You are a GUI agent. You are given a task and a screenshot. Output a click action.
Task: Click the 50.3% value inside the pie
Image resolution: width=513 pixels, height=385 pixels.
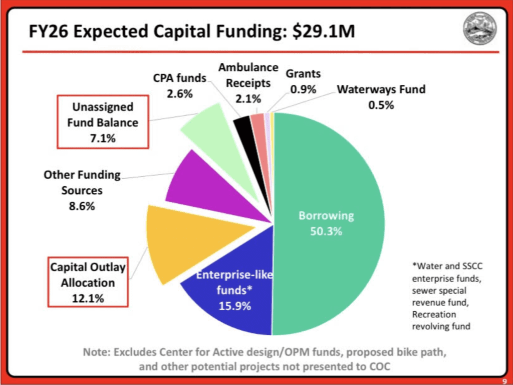click(326, 231)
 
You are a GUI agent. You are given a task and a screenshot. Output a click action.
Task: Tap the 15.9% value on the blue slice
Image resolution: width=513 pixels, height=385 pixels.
click(234, 306)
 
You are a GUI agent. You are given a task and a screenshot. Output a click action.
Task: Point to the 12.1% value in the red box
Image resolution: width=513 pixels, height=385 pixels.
click(87, 298)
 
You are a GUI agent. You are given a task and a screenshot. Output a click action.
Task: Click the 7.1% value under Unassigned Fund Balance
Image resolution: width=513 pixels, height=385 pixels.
click(103, 138)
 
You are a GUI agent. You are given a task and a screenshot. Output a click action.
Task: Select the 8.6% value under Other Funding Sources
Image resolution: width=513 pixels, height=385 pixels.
click(82, 206)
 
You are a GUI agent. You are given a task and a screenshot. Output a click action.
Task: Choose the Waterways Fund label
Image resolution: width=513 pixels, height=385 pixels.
click(381, 90)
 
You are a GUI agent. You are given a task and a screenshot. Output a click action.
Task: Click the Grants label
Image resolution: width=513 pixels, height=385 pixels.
click(303, 74)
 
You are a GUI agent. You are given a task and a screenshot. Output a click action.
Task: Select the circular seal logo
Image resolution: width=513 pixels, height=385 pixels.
click(480, 28)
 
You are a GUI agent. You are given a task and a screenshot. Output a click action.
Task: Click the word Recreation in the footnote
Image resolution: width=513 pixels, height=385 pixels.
click(434, 314)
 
